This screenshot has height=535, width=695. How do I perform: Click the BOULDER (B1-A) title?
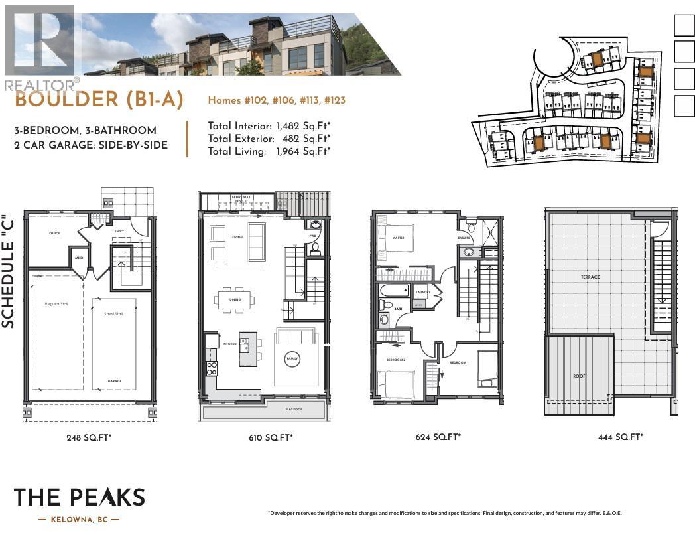click(x=99, y=100)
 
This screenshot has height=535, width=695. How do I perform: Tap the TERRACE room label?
click(x=590, y=277)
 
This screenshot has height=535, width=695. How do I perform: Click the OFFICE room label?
click(x=54, y=234)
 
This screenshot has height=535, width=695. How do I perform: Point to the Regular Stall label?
click(x=57, y=303)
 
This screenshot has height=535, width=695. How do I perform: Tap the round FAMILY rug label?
click(x=292, y=359)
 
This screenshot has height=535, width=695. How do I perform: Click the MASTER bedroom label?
click(x=398, y=238)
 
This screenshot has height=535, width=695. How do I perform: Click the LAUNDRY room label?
click(x=423, y=292)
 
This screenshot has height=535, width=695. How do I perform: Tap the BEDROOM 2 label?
click(x=396, y=359)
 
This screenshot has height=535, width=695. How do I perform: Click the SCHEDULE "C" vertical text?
click(x=9, y=271)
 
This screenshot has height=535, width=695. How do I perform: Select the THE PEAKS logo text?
click(x=79, y=497)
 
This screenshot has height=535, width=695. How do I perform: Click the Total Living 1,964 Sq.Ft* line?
click(x=269, y=151)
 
